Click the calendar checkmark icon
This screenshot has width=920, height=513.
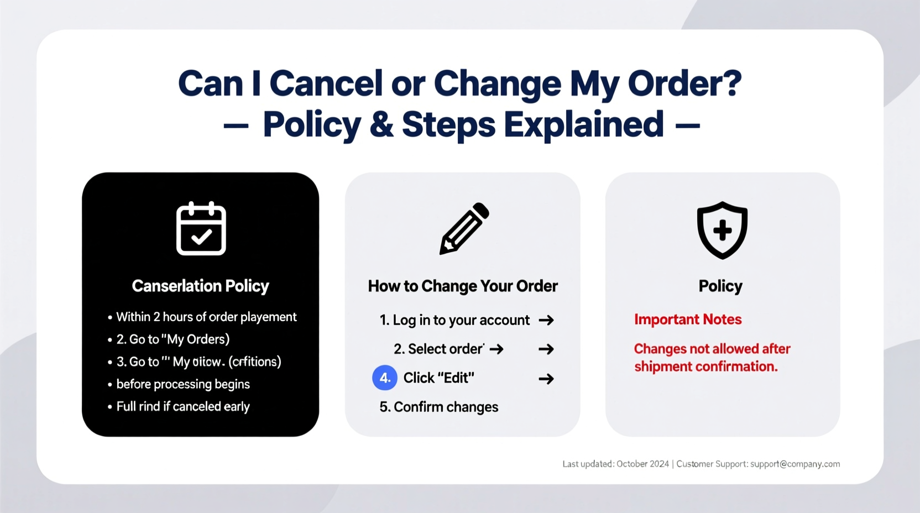pos(201,229)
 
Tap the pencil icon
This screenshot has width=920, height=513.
pos(464,228)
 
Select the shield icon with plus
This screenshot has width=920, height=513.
pos(722,230)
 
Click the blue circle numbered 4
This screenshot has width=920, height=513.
pos(385,378)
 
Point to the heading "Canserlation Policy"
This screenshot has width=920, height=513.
pos(200,286)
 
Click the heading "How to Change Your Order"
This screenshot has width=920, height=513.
pos(463,286)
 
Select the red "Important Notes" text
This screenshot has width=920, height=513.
pos(688,320)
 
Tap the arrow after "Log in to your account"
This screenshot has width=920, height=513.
pos(546,320)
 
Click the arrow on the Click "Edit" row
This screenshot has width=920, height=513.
pos(546,379)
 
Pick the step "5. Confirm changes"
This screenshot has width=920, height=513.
pos(439,407)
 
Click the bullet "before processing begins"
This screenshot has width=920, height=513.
pos(183,384)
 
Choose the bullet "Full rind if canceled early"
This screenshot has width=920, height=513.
pos(183,406)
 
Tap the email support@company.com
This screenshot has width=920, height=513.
pos(795,464)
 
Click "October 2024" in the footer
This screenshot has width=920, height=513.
pos(642,464)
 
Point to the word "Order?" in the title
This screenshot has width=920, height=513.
pos(684,83)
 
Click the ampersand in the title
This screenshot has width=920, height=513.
pos(381,124)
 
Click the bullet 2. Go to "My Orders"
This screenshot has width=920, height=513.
pos(172,339)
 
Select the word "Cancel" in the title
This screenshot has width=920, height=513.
pos(326,83)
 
